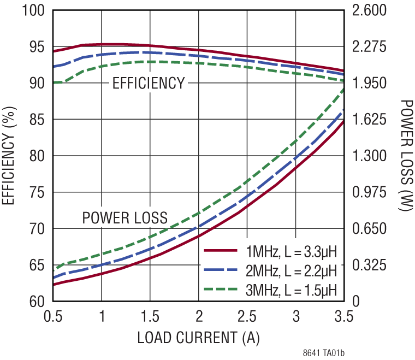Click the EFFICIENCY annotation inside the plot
pos(149,84)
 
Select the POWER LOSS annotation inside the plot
pos(124,219)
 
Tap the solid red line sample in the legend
pos(222,251)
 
